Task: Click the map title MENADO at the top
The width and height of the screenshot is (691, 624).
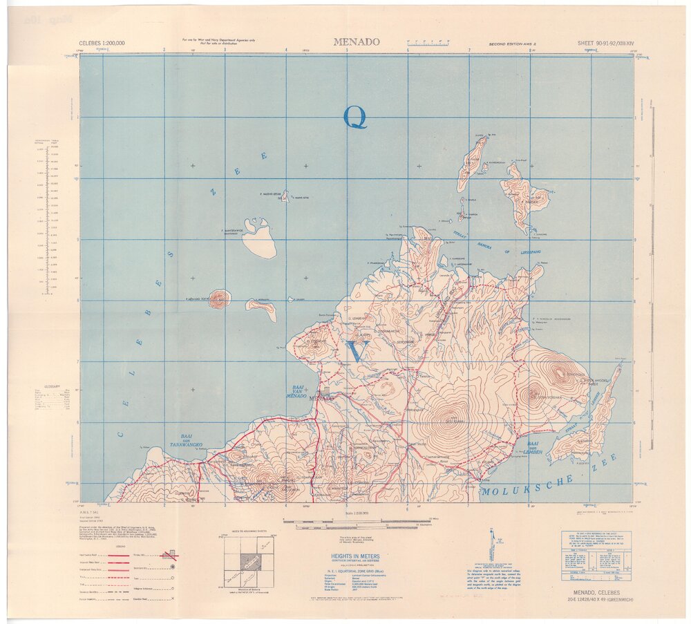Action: (x=357, y=41)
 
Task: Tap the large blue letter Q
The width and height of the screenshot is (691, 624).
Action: (x=355, y=117)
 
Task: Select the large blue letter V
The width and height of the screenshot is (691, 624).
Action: (x=356, y=352)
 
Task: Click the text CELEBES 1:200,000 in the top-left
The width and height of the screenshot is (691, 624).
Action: (x=102, y=43)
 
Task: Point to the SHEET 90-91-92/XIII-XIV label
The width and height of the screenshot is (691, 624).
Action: (x=605, y=43)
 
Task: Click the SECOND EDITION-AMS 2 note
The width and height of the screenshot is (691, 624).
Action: (x=513, y=43)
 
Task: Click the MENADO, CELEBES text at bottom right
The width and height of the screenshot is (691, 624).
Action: (x=599, y=592)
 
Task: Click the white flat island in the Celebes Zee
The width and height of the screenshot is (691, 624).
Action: (x=259, y=239)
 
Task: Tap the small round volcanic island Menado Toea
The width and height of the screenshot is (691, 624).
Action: (x=220, y=299)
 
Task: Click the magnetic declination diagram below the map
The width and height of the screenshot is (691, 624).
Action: (x=490, y=547)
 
